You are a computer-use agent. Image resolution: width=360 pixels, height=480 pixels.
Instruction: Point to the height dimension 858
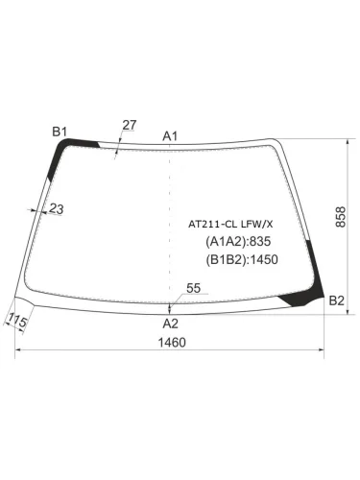click(342, 218)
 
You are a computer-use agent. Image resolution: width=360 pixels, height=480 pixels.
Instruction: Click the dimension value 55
click(193, 287)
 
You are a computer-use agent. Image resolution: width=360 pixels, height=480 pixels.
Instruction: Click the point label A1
click(171, 135)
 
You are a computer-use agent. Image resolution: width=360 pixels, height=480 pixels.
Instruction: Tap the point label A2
click(170, 322)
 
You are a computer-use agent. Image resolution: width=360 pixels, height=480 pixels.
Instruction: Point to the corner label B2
click(336, 301)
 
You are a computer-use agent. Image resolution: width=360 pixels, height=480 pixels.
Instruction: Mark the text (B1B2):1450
click(241, 259)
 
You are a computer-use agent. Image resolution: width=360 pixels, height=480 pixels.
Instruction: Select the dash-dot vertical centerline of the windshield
click(170, 221)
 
